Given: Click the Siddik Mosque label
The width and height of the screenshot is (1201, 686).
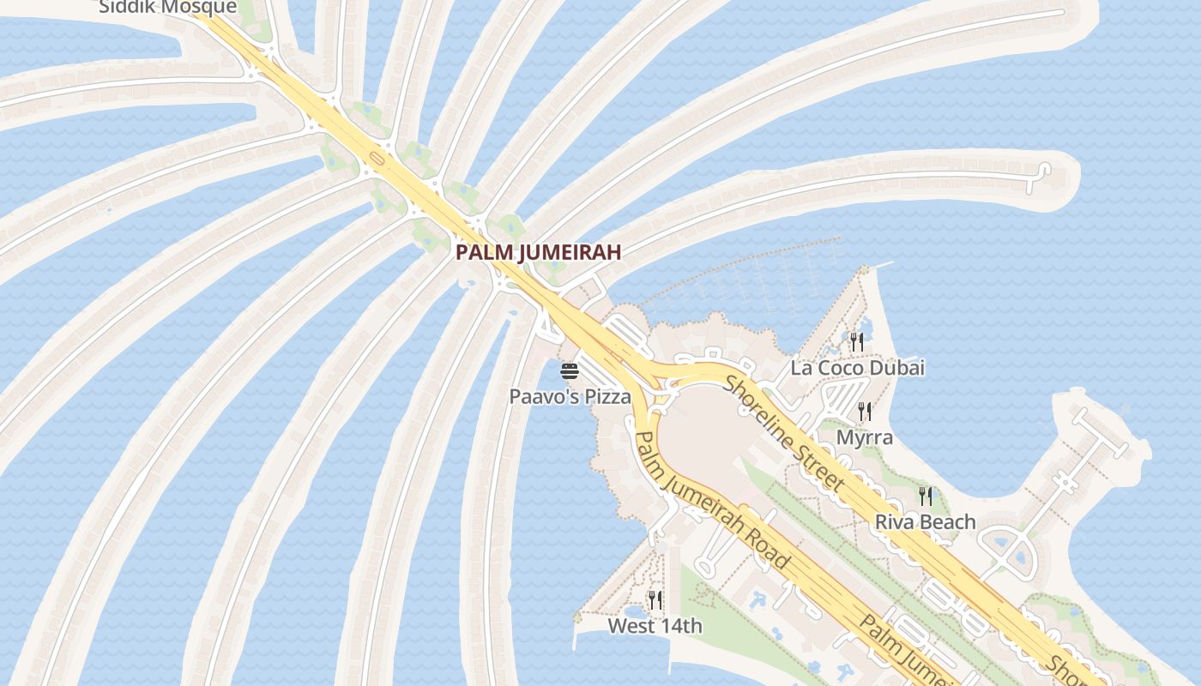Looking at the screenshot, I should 167,8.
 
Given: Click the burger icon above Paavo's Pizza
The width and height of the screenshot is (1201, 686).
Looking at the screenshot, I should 570,371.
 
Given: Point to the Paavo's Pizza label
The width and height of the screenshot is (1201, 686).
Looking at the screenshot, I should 570,397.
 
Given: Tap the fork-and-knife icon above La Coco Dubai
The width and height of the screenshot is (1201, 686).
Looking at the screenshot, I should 856,342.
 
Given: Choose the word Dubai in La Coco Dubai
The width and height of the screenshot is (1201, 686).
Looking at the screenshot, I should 896,368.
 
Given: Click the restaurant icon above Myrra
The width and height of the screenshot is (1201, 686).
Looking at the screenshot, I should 865,412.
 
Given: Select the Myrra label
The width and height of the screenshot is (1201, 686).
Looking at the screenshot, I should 865,437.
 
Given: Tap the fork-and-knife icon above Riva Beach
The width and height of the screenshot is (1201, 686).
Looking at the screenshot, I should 925,496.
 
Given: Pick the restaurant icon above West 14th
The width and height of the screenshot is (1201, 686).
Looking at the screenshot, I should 655,600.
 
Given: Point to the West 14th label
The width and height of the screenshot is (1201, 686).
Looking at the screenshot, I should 655,626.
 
